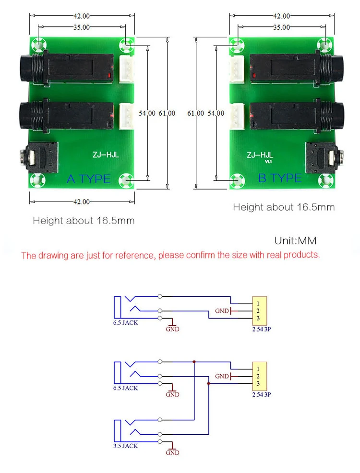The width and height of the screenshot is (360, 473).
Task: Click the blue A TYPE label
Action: (x=89, y=179)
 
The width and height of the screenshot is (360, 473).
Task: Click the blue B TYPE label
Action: (x=280, y=178)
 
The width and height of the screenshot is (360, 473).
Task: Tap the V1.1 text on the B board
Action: (x=268, y=162)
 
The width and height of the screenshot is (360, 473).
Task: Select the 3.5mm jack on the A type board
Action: (x=38, y=157)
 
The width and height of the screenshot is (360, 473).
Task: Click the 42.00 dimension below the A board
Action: (x=82, y=201)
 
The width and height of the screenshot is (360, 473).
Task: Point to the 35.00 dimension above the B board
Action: (x=282, y=27)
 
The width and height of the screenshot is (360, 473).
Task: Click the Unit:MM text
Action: (x=295, y=241)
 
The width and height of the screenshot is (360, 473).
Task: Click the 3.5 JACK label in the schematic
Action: (x=126, y=446)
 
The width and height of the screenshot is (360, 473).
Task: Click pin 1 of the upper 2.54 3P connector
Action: (x=258, y=304)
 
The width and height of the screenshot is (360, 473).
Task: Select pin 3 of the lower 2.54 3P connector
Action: (x=258, y=383)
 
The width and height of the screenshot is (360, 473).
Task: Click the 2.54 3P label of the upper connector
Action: (x=262, y=329)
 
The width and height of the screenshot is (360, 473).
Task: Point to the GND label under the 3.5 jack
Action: (x=172, y=452)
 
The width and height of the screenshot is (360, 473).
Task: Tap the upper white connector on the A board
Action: (x=127, y=69)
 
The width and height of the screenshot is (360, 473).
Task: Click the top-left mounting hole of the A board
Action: (x=38, y=45)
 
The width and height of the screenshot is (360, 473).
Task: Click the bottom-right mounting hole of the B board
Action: (x=325, y=180)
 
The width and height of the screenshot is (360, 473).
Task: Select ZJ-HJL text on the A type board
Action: (x=106, y=155)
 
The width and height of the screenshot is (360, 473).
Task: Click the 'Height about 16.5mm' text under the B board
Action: (x=284, y=207)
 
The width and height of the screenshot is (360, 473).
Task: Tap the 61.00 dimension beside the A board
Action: (x=167, y=113)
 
